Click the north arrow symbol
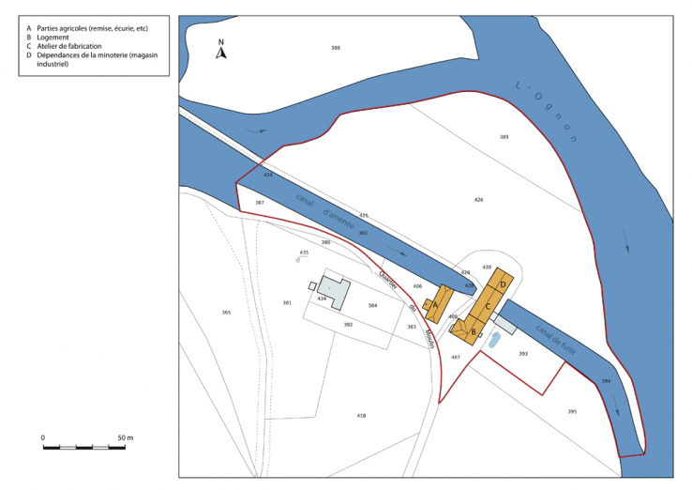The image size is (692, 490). [x=221, y=51]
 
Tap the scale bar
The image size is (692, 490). [x=83, y=447]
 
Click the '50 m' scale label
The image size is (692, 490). [x=126, y=437]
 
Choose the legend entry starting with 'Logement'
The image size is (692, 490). [x=57, y=38]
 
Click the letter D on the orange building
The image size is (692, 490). [x=504, y=283]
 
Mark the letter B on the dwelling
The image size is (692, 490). [x=474, y=331]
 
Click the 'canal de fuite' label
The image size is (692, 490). [x=555, y=338]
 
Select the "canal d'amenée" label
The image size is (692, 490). [x=326, y=214]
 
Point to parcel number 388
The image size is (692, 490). [x=335, y=47]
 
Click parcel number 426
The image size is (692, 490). [x=478, y=199]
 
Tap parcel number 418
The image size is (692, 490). [x=361, y=415]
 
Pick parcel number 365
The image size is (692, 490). [x=226, y=312]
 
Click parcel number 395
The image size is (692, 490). [x=572, y=411]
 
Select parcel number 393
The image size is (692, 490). [x=523, y=354]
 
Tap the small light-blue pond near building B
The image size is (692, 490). [x=494, y=337]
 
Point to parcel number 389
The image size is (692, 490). [x=504, y=137]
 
